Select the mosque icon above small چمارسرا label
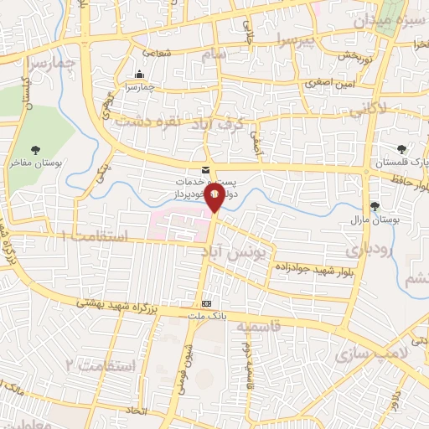139,73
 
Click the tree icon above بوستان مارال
374,205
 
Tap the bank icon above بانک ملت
207,302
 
